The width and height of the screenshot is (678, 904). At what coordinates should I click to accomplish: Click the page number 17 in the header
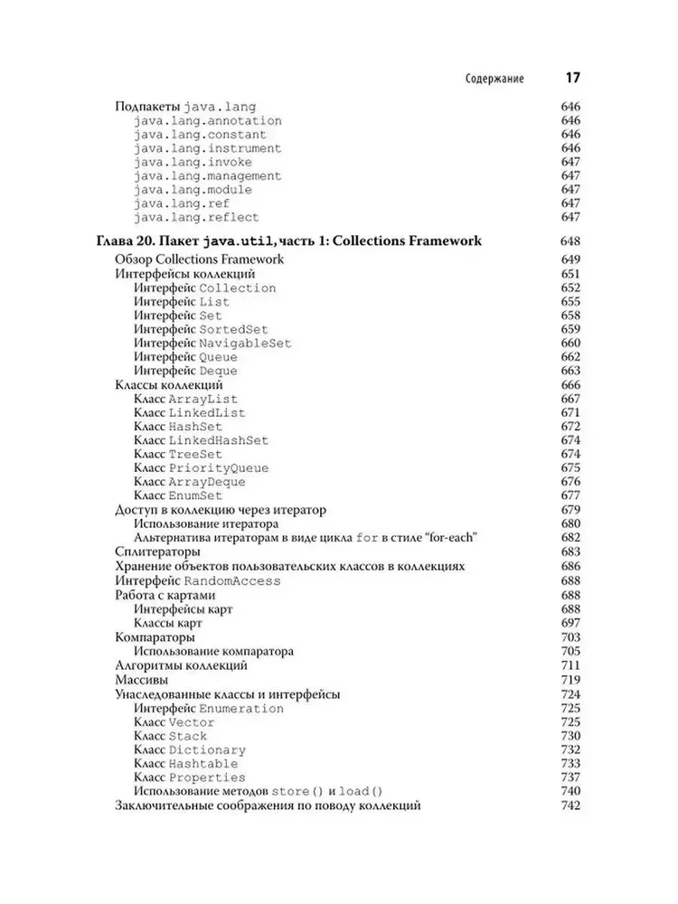(571, 77)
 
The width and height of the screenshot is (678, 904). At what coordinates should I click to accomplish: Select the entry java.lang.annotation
(207, 120)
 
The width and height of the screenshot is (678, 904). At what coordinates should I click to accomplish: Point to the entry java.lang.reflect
(196, 217)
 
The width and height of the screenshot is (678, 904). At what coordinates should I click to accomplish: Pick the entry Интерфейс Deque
(185, 371)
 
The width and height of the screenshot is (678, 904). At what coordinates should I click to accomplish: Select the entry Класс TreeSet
(178, 454)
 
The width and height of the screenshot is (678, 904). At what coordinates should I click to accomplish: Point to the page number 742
(570, 805)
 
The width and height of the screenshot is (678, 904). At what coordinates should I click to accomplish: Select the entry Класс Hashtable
(185, 763)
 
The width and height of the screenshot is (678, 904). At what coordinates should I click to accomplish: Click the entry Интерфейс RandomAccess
(198, 580)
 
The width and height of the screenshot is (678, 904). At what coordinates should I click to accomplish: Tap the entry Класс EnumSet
(178, 495)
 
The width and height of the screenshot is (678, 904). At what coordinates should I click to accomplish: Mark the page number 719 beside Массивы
(570, 679)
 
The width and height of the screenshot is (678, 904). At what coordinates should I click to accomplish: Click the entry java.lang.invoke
(193, 162)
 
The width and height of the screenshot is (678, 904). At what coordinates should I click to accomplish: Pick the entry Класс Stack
(170, 736)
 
